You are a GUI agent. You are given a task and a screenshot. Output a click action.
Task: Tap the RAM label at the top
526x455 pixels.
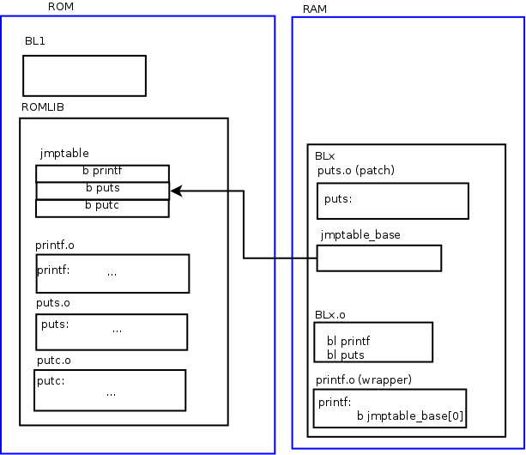click(x=315, y=9)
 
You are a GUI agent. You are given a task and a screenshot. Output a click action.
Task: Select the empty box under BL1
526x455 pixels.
click(x=84, y=76)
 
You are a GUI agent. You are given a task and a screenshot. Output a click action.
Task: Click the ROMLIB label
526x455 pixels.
click(x=43, y=106)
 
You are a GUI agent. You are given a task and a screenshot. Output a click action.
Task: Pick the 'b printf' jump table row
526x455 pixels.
click(x=102, y=173)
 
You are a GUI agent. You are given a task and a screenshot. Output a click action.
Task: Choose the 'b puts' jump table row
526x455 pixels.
click(x=102, y=190)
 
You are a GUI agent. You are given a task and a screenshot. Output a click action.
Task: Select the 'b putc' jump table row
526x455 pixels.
click(x=102, y=207)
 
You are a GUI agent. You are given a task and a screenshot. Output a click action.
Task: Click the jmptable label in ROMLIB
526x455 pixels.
click(x=64, y=154)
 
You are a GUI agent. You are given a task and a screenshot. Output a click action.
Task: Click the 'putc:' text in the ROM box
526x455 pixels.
click(x=51, y=381)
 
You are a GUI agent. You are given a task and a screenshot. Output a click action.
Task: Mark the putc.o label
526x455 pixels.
click(x=53, y=360)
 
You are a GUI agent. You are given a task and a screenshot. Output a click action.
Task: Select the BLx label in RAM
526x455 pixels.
click(x=325, y=156)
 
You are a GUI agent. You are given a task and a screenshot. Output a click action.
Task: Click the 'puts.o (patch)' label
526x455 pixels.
click(x=356, y=170)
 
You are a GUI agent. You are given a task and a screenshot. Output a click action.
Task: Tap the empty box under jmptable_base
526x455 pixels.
click(x=378, y=258)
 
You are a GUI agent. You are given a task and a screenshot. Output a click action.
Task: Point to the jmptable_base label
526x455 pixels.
click(x=360, y=234)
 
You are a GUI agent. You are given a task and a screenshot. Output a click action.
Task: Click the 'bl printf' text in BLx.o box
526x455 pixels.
click(x=348, y=342)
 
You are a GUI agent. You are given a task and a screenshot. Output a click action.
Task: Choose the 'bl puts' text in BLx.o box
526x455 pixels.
click(x=346, y=355)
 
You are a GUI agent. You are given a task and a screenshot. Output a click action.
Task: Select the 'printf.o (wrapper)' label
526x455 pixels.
click(x=364, y=379)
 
